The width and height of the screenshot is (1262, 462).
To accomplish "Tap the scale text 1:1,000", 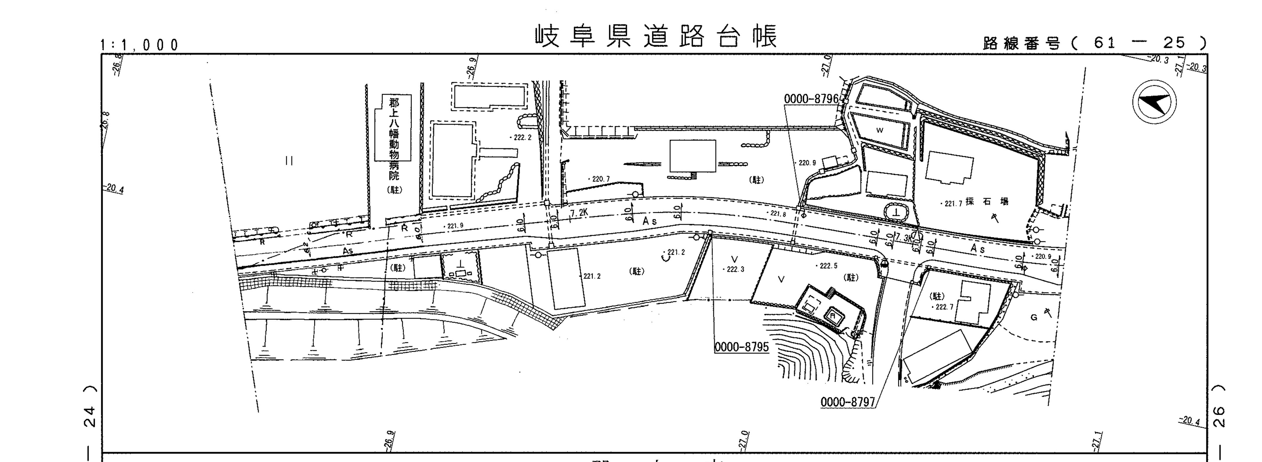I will (x=140, y=45).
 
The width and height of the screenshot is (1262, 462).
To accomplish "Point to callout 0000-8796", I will (x=811, y=98).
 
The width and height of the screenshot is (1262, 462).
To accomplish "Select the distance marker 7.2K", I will (x=579, y=213).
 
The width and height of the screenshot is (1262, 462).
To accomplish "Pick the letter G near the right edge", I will (x=1034, y=317).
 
